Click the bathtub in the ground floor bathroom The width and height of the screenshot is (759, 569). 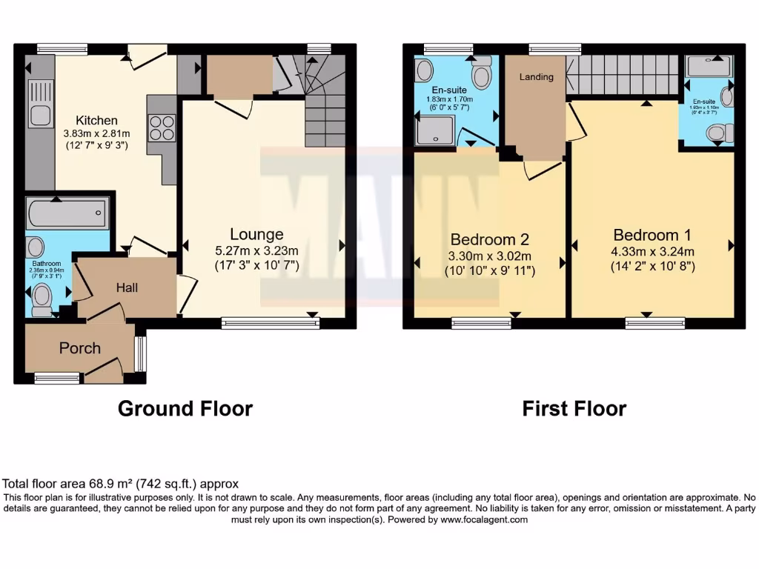tap(67, 214)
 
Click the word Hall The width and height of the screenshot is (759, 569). tap(126, 287)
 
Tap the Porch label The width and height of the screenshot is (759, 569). tap(79, 347)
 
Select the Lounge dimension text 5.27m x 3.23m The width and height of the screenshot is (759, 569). tap(256, 250)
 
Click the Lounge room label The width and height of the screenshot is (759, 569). tap(256, 235)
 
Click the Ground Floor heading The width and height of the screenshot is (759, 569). tap(185, 408)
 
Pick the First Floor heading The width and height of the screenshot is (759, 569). tap(574, 408)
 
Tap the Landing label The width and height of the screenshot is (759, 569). tap(536, 77)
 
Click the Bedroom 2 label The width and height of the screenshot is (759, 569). tap(489, 240)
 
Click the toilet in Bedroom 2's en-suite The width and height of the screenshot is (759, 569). tap(483, 74)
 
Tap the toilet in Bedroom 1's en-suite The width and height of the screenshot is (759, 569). tap(717, 133)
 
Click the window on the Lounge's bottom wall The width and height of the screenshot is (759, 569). tap(270, 323)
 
